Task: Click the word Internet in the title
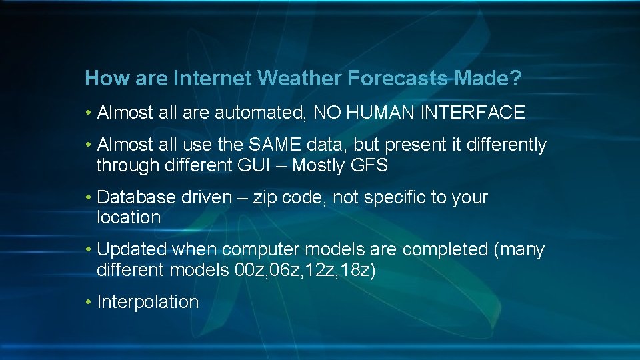click(211, 79)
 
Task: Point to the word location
click(129, 217)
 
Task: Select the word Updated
click(132, 249)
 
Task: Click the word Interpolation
click(148, 302)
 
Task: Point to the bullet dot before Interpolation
click(89, 303)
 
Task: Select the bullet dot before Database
click(89, 198)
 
